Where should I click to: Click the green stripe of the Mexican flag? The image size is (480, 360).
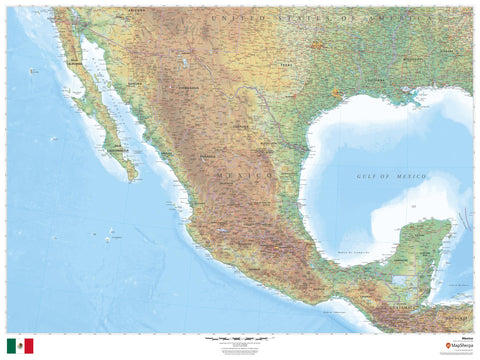(x=11, y=346)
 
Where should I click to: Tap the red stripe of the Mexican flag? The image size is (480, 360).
(x=29, y=346)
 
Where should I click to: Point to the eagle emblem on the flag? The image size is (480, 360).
(x=20, y=346)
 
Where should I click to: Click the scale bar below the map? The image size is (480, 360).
(x=240, y=341)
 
